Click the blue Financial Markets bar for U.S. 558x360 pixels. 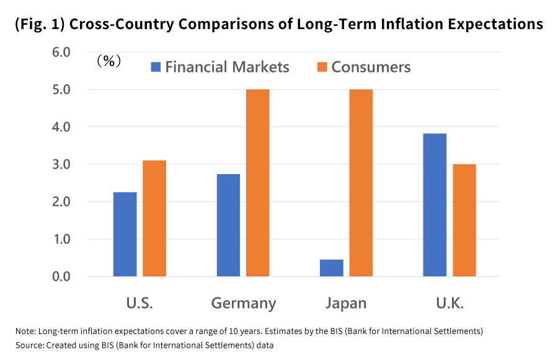pos(125,234)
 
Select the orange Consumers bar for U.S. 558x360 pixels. pos(154,218)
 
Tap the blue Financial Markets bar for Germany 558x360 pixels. pos(228,225)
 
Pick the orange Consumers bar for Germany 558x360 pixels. pos(257,183)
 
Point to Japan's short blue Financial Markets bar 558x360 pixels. pos(332,268)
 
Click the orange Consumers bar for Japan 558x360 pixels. pos(361,183)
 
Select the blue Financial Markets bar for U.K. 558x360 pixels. pos(435,204)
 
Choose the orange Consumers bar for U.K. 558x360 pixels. pos(464,220)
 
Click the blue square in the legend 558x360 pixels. pos(155,67)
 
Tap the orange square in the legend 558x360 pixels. pos(322,67)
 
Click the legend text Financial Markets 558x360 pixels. pos(227,67)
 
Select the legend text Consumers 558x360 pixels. pos(371,67)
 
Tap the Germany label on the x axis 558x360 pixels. pos(243,304)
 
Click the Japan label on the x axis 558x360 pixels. pos(346,304)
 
